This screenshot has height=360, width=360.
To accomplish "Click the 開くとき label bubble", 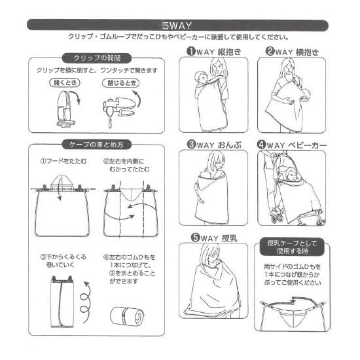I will [65, 82].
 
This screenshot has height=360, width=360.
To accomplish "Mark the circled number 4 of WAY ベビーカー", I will [262, 145].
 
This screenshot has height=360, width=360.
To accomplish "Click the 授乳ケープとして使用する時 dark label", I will [292, 247].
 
